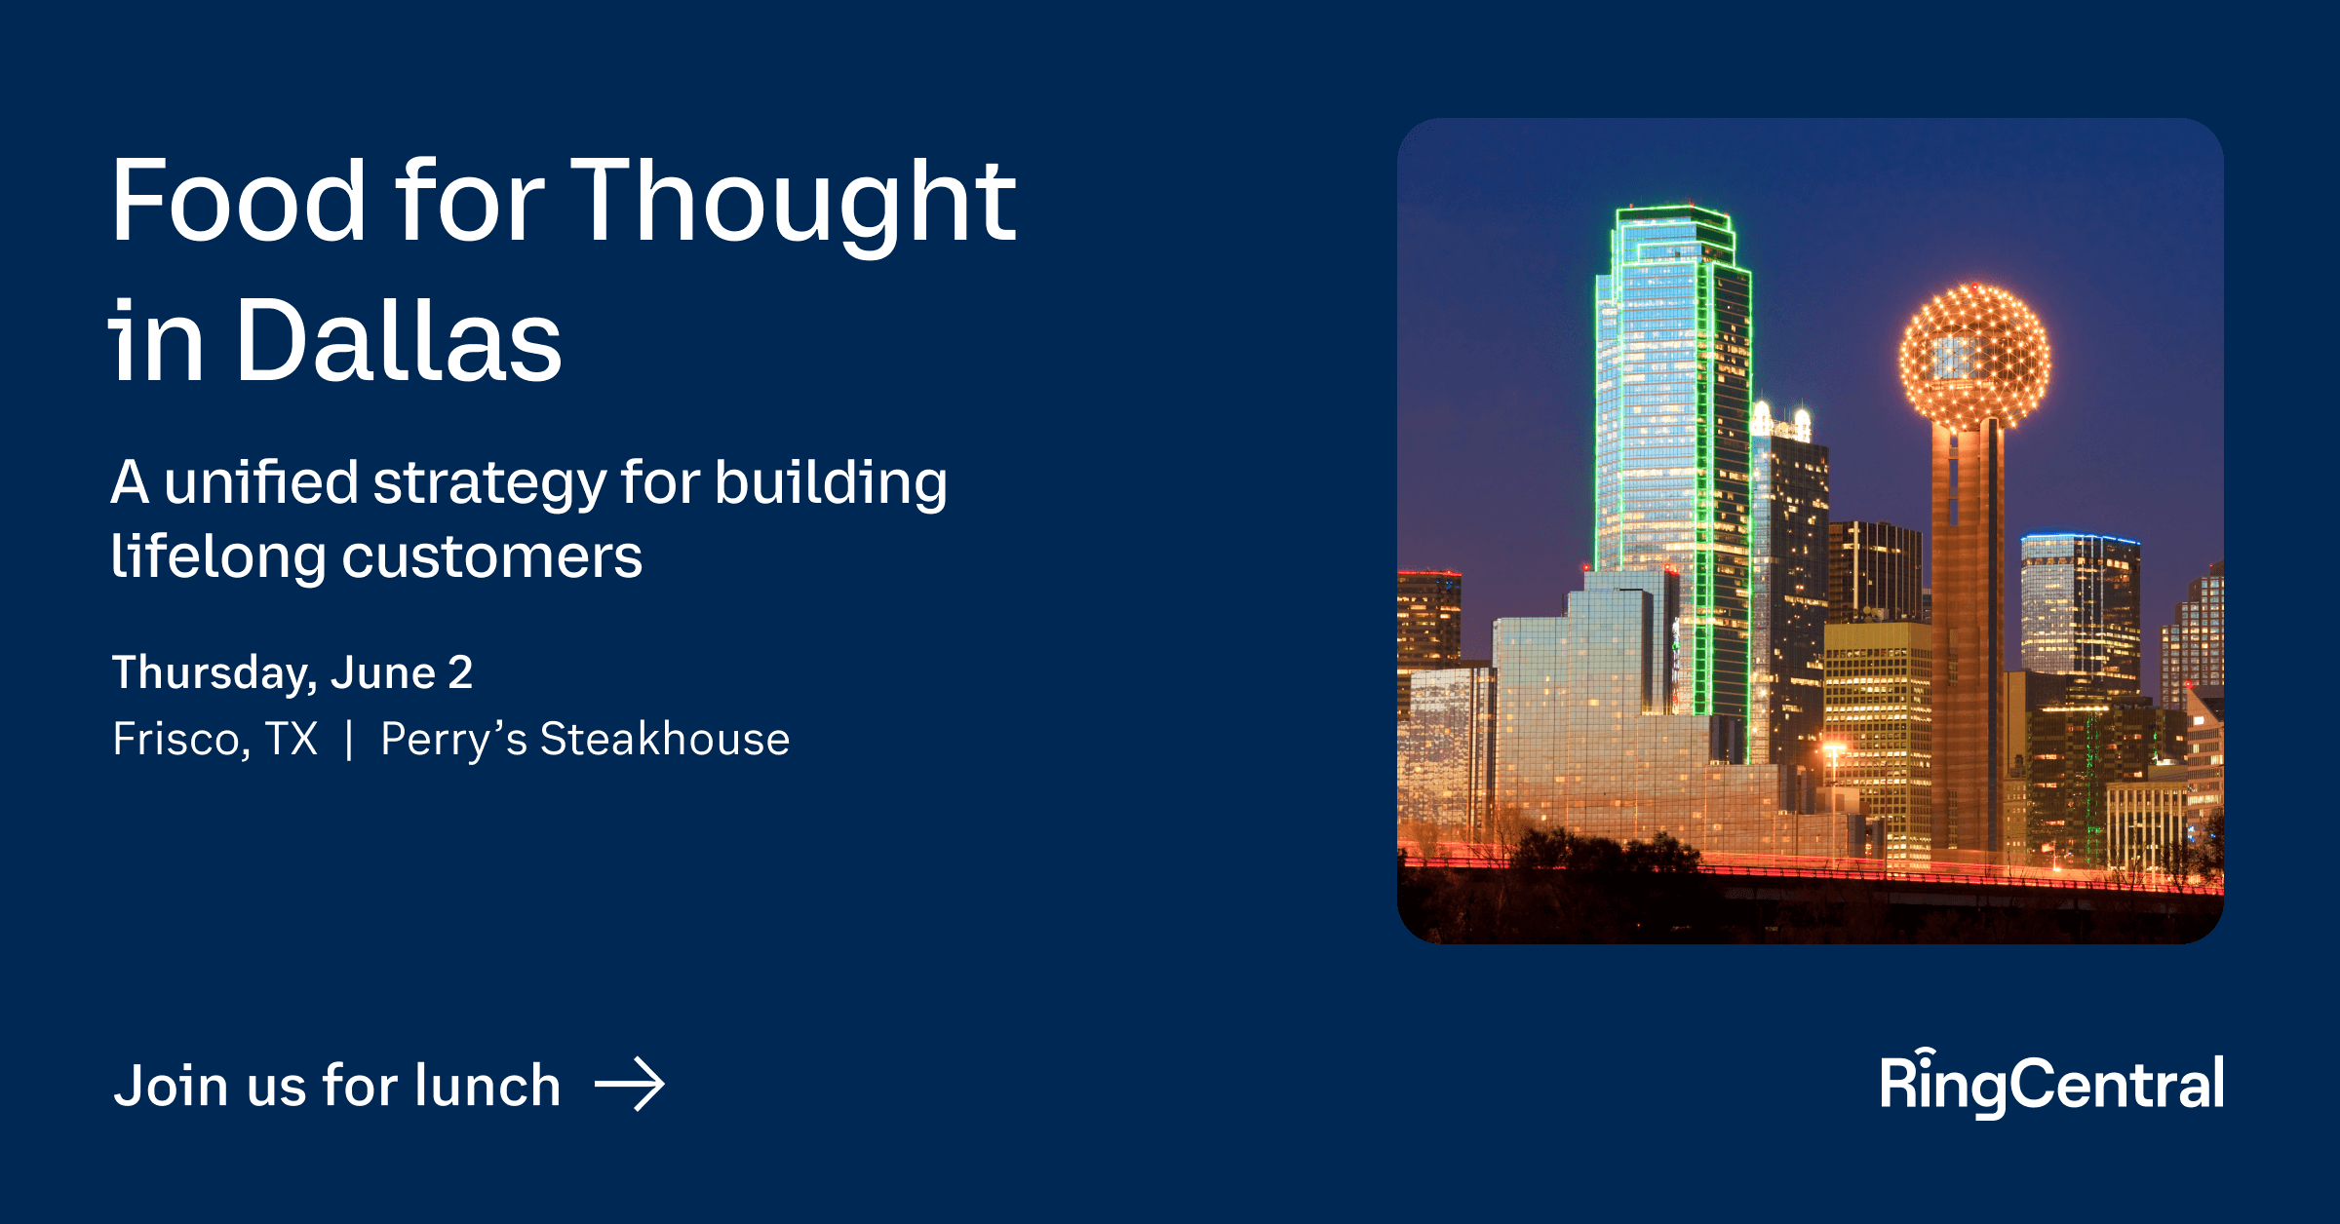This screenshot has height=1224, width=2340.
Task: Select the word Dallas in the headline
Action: tap(399, 341)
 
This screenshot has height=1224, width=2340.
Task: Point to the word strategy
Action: tap(489, 484)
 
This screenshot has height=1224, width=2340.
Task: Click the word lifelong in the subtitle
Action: tap(217, 556)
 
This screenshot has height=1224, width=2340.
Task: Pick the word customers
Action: tap(492, 558)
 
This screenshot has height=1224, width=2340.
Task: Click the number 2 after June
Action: tap(460, 673)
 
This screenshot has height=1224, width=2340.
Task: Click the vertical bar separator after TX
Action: tap(349, 739)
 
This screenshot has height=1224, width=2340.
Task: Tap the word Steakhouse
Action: tap(665, 739)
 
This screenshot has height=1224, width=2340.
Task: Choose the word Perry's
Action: tap(453, 739)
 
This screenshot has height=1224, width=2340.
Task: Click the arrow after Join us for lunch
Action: tap(630, 1084)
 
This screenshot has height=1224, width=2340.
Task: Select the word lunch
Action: tap(487, 1085)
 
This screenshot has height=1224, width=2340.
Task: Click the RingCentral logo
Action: tap(2051, 1084)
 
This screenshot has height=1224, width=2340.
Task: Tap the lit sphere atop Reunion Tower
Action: tap(1974, 357)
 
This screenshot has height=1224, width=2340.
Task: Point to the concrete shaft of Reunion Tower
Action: tap(1967, 633)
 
